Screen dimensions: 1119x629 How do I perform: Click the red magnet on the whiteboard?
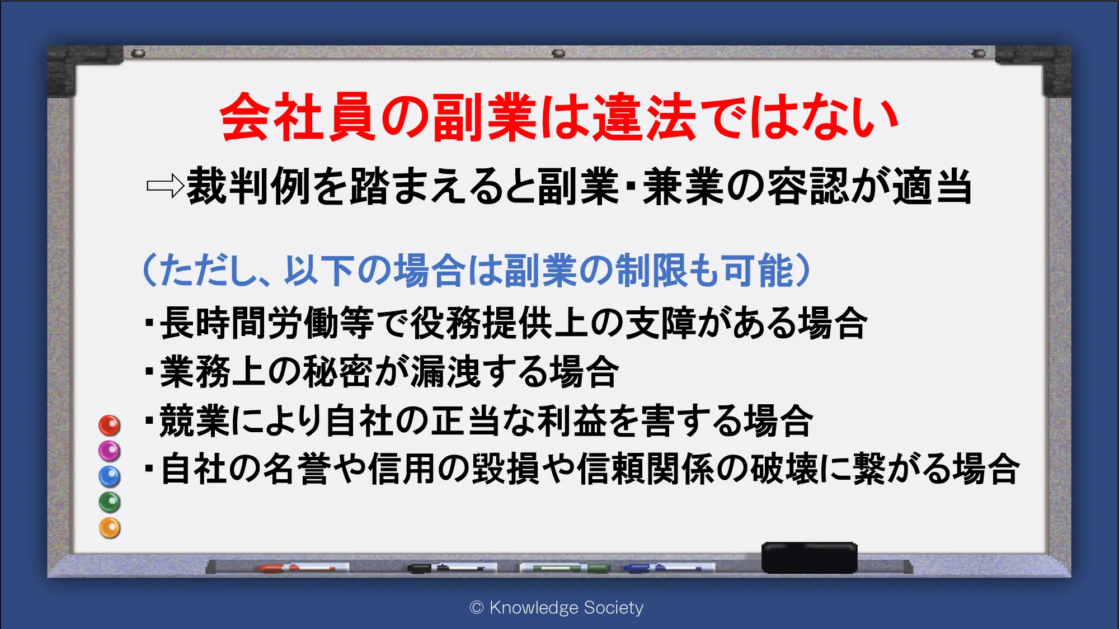point(110,425)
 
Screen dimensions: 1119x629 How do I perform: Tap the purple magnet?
point(110,451)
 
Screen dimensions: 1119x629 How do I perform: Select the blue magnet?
point(110,476)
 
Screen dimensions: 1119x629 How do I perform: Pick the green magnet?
point(110,502)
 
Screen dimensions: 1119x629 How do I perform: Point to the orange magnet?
point(110,528)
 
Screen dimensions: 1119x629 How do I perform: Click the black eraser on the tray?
point(809,557)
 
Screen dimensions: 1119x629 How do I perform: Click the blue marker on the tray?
point(669,568)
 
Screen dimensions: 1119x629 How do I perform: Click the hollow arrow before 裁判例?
point(165,186)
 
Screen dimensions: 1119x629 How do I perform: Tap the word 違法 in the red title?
point(644,117)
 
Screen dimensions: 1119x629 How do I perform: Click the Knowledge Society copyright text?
point(557,607)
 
